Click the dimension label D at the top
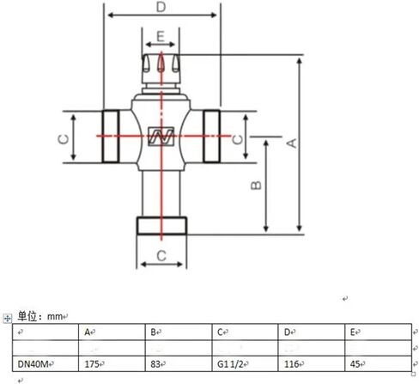161,8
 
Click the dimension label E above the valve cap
161,38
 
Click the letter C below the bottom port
161,255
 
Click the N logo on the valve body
161,136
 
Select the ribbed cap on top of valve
161,64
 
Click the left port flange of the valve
112,137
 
